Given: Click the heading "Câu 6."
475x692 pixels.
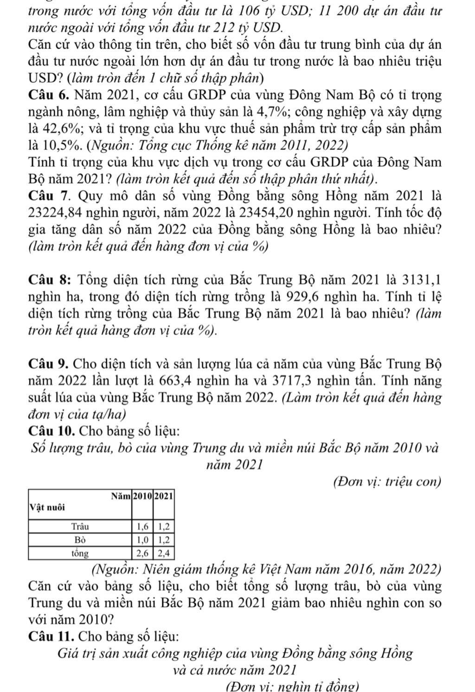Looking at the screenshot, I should tap(49, 96).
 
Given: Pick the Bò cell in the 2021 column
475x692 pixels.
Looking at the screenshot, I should tap(164, 540).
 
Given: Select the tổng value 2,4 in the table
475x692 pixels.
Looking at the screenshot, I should tap(164, 553).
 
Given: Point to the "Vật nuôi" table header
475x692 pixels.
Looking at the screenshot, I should tap(47, 506).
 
